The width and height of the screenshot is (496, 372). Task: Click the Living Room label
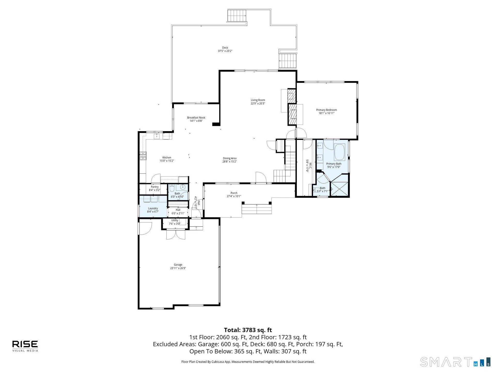[x=258, y=100]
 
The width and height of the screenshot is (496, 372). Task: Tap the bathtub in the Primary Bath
[x=339, y=152]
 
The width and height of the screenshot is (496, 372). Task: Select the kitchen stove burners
[x=143, y=156]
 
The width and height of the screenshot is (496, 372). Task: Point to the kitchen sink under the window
[x=157, y=136]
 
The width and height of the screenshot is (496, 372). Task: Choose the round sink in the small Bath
[x=183, y=187]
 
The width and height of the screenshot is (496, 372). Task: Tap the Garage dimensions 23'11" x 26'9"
[x=178, y=268]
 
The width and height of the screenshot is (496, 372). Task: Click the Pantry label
[x=155, y=187]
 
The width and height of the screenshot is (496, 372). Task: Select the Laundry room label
[x=153, y=208]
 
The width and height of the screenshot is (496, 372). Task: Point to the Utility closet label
[x=175, y=220]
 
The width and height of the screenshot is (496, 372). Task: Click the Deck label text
[x=225, y=48]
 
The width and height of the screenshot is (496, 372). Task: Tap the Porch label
[x=234, y=193]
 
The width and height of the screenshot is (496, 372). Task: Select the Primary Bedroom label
[x=327, y=110]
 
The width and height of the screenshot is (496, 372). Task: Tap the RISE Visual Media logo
[x=25, y=346]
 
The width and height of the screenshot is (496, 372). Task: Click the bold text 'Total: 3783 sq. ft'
[x=248, y=330]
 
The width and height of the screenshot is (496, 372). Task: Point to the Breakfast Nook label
[x=196, y=118]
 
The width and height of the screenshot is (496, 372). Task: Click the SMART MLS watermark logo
[x=455, y=362]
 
